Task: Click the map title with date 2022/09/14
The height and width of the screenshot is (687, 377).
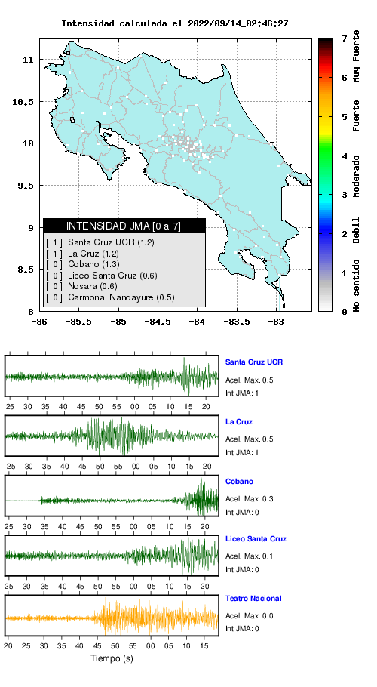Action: (x=174, y=23)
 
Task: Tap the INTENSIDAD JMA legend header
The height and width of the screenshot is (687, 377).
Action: (x=124, y=226)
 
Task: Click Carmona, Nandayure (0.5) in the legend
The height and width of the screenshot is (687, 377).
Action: (x=110, y=298)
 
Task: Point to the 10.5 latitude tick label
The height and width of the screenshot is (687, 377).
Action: (x=23, y=102)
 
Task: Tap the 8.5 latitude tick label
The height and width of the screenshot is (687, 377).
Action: (x=26, y=270)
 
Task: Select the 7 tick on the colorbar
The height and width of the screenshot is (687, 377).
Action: (x=345, y=39)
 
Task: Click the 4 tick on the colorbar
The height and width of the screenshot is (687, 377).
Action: (x=345, y=156)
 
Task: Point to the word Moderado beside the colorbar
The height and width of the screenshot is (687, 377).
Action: (x=357, y=176)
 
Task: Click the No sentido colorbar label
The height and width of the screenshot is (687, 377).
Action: (x=357, y=285)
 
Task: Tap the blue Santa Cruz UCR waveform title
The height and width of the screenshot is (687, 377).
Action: (x=254, y=362)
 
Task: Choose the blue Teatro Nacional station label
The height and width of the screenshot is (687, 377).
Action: (x=253, y=598)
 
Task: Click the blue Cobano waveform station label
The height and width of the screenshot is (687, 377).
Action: (x=239, y=481)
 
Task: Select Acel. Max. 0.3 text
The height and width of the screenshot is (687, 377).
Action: (x=250, y=498)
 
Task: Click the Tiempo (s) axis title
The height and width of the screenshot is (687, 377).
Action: (x=112, y=658)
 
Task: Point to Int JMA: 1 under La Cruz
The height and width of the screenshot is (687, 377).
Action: (x=242, y=453)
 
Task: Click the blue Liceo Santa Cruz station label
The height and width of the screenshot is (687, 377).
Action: (x=256, y=538)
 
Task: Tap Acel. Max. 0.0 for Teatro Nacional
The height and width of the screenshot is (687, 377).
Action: (x=250, y=615)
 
